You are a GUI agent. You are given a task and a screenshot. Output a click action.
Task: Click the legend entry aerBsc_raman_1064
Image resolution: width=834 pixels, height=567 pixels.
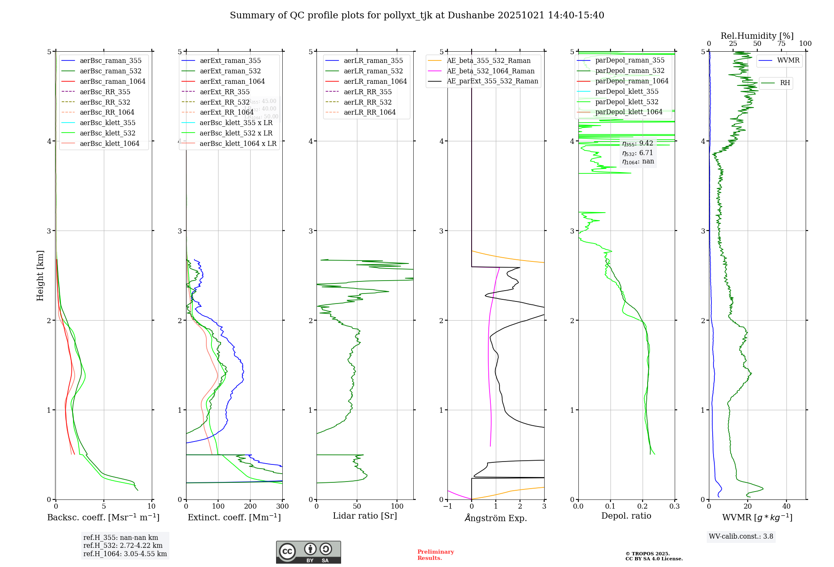[x=113, y=81]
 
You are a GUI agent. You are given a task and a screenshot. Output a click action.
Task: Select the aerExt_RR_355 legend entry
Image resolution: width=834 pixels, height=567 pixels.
[x=224, y=92]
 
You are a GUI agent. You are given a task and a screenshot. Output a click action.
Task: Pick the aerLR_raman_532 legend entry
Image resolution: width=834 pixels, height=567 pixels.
[x=373, y=71]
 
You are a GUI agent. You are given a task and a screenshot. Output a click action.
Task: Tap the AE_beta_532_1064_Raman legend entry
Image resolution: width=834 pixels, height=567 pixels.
[x=490, y=71]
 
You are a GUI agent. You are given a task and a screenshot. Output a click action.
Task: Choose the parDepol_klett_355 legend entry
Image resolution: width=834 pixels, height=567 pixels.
[x=627, y=91]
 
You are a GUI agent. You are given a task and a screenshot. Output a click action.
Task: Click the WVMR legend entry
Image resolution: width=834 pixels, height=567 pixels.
[x=788, y=60]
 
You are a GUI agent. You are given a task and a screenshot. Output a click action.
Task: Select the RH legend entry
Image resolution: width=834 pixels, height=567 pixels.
[x=785, y=83]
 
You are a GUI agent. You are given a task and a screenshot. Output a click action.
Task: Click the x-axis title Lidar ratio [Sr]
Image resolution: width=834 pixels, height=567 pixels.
[x=365, y=516]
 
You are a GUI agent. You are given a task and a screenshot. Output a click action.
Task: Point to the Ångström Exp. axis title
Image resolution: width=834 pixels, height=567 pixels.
[x=496, y=518]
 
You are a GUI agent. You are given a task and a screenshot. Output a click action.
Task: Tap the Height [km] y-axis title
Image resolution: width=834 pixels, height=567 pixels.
[x=40, y=275]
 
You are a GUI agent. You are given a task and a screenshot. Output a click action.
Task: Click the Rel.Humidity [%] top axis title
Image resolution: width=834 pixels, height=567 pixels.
[x=757, y=36]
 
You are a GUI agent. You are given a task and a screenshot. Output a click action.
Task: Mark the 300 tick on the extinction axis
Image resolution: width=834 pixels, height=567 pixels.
[x=282, y=507]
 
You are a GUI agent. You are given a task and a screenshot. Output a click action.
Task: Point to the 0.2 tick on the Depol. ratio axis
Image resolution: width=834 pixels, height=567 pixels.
[x=643, y=507]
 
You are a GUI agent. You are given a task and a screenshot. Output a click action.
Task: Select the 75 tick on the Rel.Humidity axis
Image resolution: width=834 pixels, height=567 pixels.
[x=781, y=44]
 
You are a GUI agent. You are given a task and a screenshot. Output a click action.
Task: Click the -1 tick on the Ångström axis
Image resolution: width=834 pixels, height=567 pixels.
[x=447, y=507]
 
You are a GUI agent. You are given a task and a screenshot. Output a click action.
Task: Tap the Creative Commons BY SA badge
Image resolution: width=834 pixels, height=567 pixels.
[x=308, y=552]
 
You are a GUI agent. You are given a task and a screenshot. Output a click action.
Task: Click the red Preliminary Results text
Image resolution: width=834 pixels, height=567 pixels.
[x=435, y=555]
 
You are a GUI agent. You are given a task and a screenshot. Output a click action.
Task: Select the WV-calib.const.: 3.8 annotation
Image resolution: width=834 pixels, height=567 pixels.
[x=741, y=537]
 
